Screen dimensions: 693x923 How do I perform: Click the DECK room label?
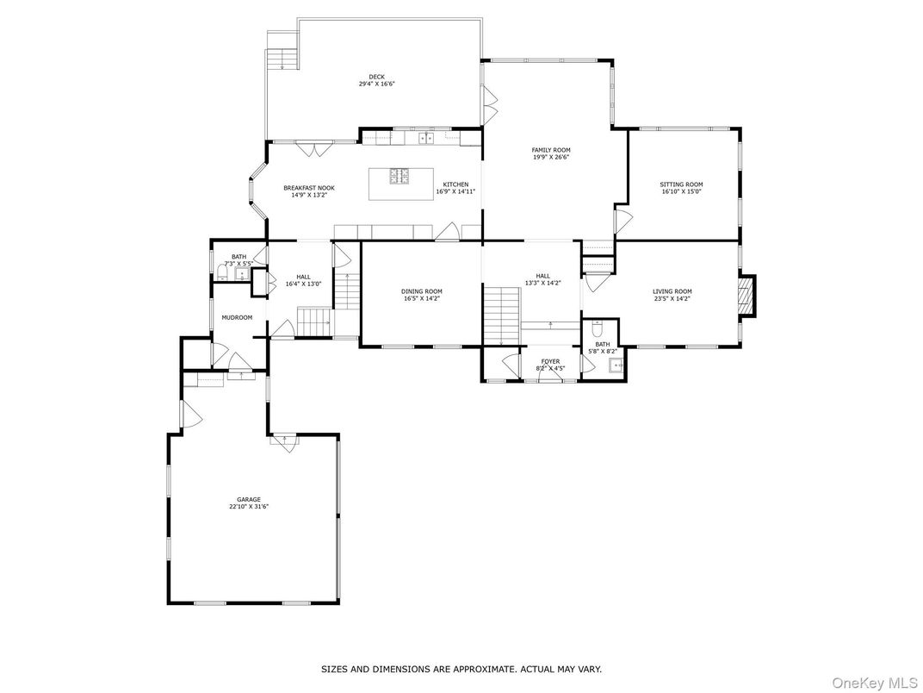[377, 77]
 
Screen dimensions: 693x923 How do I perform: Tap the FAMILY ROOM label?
[551, 150]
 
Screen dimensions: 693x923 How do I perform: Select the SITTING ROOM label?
[681, 184]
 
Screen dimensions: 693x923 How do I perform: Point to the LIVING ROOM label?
[672, 291]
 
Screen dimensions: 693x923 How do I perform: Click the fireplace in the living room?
[746, 295]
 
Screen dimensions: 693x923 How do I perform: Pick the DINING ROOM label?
[421, 291]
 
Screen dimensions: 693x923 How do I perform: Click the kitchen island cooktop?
[401, 176]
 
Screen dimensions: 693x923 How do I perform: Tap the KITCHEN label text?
[455, 184]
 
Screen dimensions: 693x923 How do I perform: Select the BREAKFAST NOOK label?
[309, 188]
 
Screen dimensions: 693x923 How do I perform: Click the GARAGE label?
[249, 499]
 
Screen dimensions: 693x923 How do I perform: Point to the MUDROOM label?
[237, 317]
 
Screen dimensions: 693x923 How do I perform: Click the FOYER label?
[550, 361]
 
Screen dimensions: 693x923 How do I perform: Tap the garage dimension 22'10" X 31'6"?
[249, 507]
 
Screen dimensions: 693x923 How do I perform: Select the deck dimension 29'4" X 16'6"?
[377, 84]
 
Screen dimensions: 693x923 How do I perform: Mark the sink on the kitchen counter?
[426, 138]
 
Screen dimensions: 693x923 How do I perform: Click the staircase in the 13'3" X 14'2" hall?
[501, 315]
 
